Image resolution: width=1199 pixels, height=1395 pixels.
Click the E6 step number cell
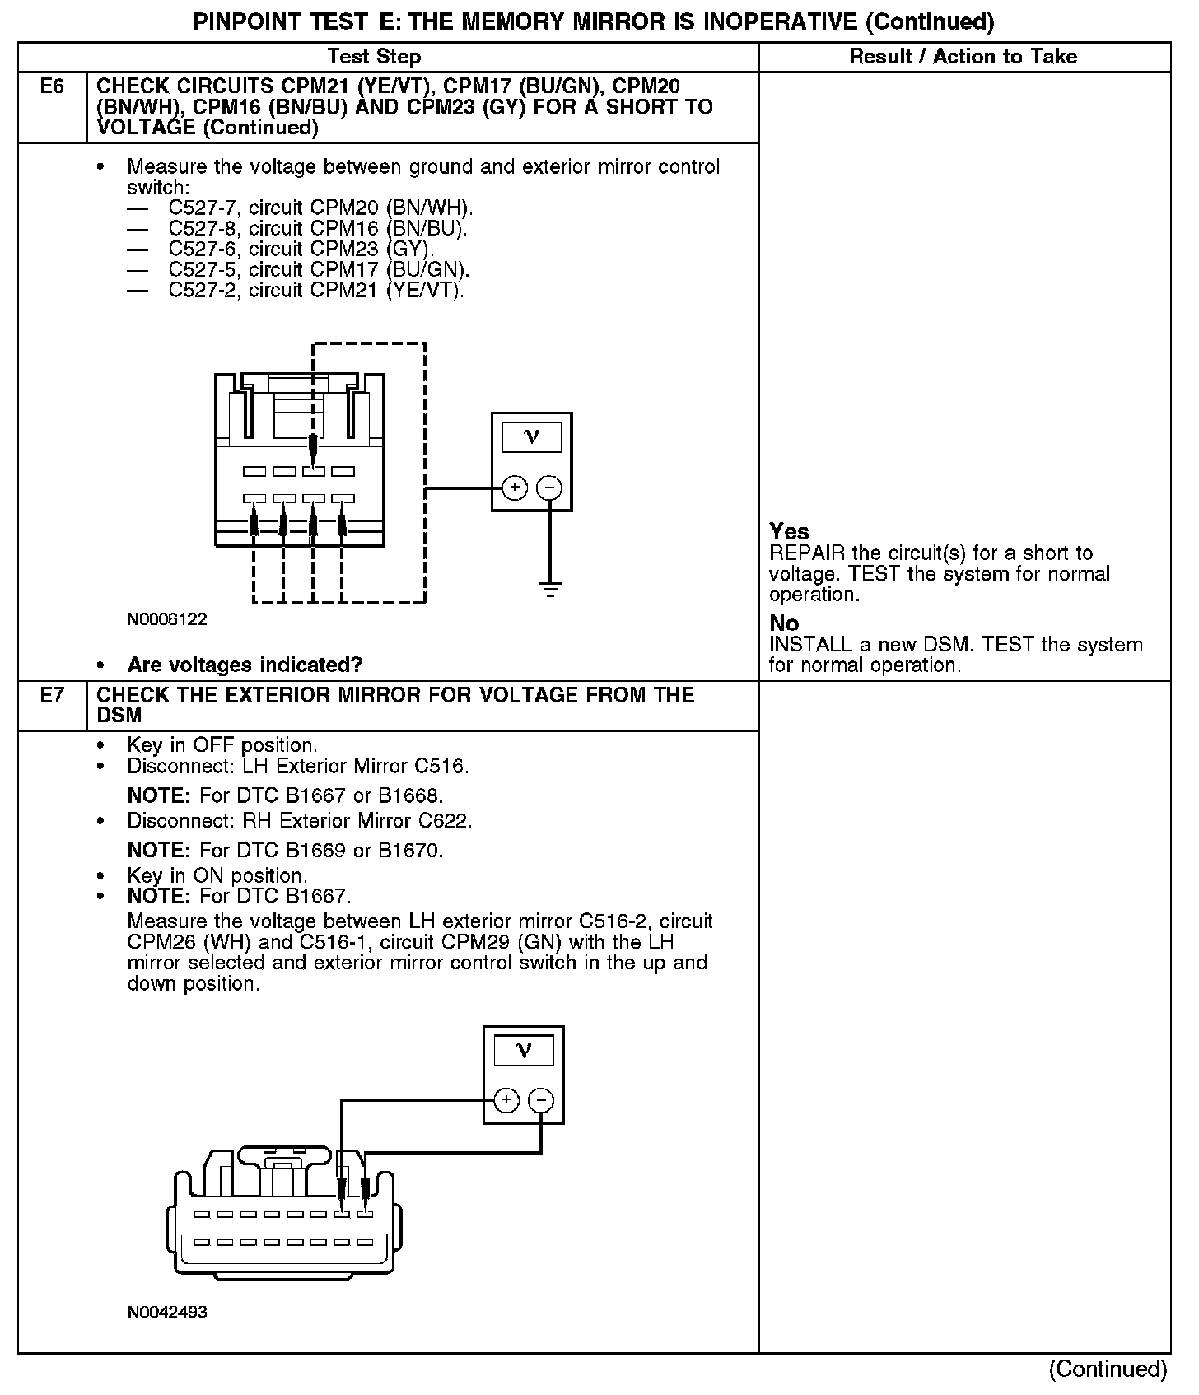(x=51, y=86)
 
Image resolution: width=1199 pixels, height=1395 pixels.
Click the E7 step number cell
(x=51, y=696)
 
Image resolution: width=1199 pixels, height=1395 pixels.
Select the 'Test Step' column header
(x=374, y=57)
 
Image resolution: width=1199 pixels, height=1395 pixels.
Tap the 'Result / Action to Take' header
(x=963, y=57)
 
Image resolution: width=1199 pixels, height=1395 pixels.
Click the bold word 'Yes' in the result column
(x=789, y=531)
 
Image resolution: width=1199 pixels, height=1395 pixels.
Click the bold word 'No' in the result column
(x=784, y=623)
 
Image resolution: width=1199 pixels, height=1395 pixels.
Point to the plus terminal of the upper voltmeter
(x=515, y=488)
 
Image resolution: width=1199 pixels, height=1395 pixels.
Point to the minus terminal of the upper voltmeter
(x=549, y=488)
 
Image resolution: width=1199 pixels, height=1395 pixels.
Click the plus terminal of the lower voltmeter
(x=506, y=1100)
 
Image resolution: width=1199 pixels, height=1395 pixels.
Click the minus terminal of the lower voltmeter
(x=541, y=1100)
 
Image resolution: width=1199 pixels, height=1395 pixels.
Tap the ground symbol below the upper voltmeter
(x=550, y=588)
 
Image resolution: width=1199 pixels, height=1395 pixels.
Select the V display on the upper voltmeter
(x=531, y=436)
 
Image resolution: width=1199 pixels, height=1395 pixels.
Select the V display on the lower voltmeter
(x=523, y=1050)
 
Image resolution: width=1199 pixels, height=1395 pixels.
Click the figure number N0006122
(x=167, y=619)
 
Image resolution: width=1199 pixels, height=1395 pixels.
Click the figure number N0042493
(x=167, y=1313)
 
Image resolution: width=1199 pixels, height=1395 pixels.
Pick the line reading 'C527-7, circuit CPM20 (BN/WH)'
(x=320, y=208)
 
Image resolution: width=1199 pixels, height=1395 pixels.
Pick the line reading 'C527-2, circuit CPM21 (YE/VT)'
(x=316, y=291)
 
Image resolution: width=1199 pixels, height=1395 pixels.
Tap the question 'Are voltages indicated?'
(x=245, y=665)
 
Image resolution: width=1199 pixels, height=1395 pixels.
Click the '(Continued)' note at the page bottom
(x=1108, y=1369)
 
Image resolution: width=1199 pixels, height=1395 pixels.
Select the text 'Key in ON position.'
(x=217, y=875)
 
